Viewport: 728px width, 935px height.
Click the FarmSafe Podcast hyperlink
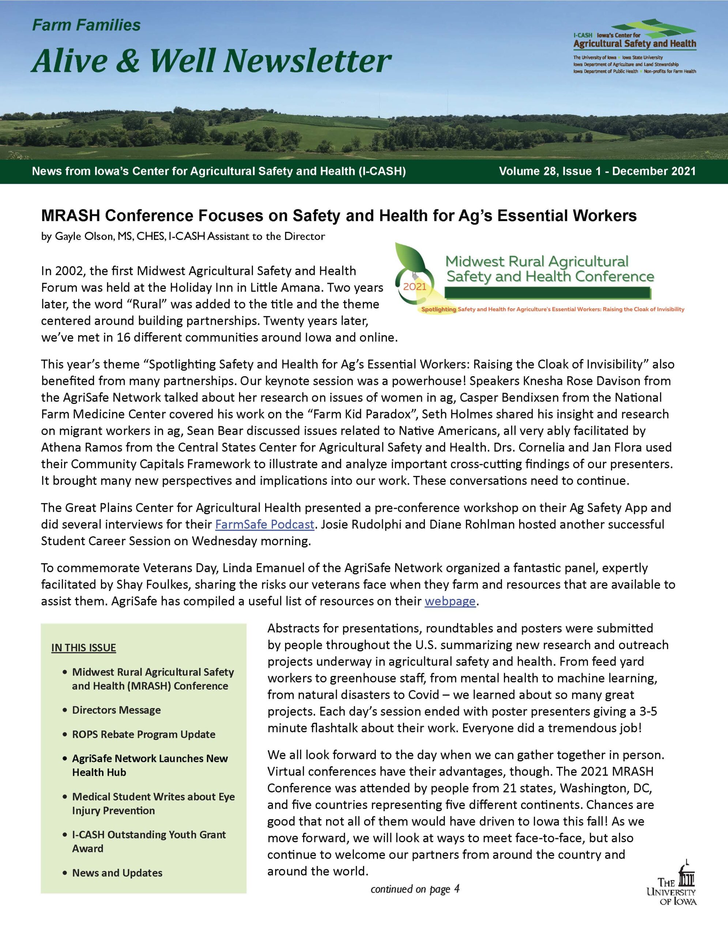[265, 524]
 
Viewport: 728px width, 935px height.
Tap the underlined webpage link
[450, 601]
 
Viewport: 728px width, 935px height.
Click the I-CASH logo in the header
[634, 46]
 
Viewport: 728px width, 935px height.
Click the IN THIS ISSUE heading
[84, 648]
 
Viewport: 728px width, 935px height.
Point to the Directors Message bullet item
[116, 710]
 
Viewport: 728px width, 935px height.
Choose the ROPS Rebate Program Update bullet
[144, 734]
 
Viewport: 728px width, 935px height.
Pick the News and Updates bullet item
[117, 873]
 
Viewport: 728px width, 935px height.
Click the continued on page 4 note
[415, 889]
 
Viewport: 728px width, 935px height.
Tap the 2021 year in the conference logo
[415, 287]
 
